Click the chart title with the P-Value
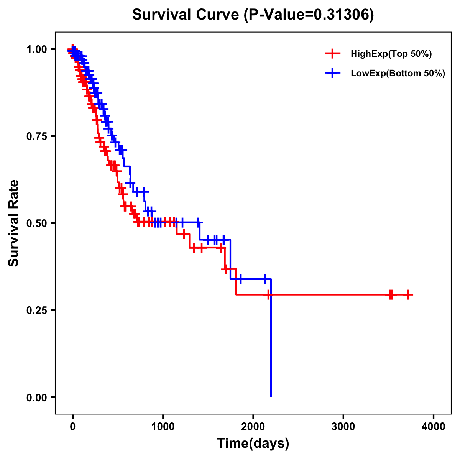tap(253, 15)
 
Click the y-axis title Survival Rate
tap(14, 223)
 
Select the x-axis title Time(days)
tap(253, 443)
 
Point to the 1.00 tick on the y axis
tap(37, 49)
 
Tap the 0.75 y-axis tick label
tap(37, 136)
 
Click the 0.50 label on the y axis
tap(37, 223)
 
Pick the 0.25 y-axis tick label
tap(37, 310)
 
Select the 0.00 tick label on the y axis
tap(37, 397)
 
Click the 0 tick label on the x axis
tap(73, 427)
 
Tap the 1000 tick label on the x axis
tap(163, 427)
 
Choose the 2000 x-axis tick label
tap(253, 427)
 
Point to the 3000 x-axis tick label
tap(343, 427)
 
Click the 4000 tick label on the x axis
tap(434, 427)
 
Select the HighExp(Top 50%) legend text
tap(391, 54)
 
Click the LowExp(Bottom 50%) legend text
tap(398, 74)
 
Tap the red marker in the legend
tap(332, 54)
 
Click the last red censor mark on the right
tap(408, 295)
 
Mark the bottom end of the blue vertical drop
tap(271, 396)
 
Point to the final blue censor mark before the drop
tap(264, 279)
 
